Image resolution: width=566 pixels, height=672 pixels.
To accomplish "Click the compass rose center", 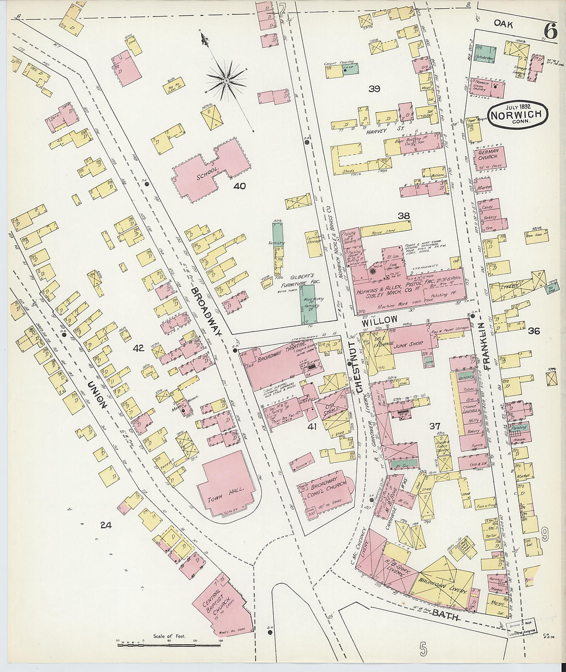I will [226, 81].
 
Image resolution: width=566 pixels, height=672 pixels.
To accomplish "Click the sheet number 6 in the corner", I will [550, 32].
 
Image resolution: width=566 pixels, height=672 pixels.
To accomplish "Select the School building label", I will [208, 175].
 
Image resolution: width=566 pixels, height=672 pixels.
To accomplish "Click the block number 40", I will [240, 186].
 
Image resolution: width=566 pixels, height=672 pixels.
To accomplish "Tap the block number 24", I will [105, 525].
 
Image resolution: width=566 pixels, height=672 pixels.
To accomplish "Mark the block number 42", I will [138, 349].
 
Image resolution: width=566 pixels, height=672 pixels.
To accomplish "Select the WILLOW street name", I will [379, 320].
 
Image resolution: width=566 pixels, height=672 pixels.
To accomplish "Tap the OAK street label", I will [504, 23].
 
